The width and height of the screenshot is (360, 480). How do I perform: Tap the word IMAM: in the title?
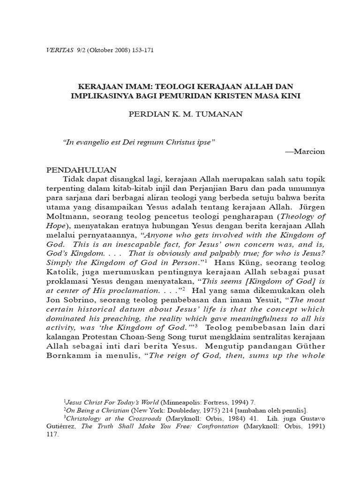136,88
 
